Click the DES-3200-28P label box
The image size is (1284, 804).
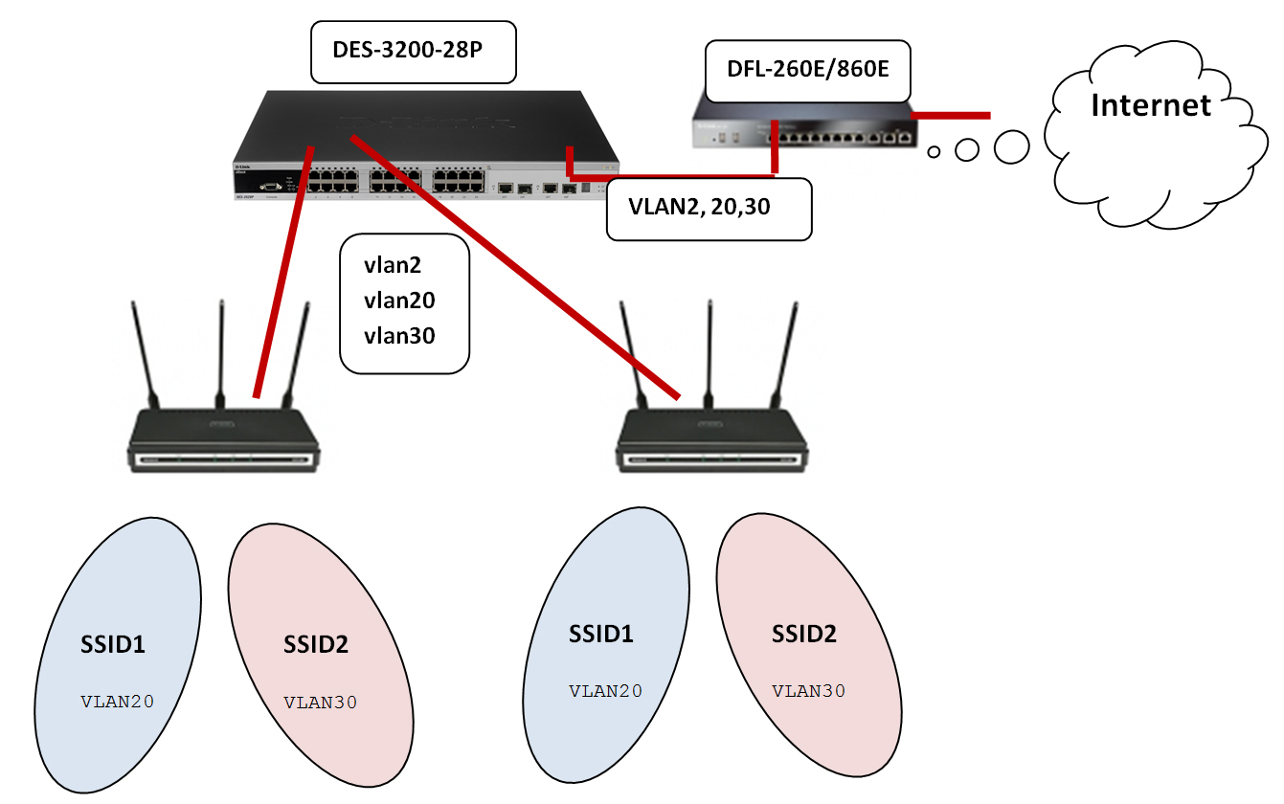click(414, 53)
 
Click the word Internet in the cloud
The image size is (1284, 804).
click(1151, 104)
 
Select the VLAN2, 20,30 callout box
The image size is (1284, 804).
click(710, 207)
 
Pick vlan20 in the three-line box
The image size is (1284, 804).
click(399, 301)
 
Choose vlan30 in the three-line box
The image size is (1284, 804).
click(399, 335)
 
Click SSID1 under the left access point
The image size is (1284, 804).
click(113, 644)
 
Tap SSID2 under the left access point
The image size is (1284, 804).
click(316, 644)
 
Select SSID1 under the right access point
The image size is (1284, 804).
click(601, 634)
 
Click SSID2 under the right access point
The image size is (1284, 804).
click(804, 634)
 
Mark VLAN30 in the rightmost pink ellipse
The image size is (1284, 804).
click(809, 691)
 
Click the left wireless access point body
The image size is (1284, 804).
click(223, 440)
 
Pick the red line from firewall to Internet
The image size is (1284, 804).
click(950, 116)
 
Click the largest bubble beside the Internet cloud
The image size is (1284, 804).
click(1010, 147)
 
